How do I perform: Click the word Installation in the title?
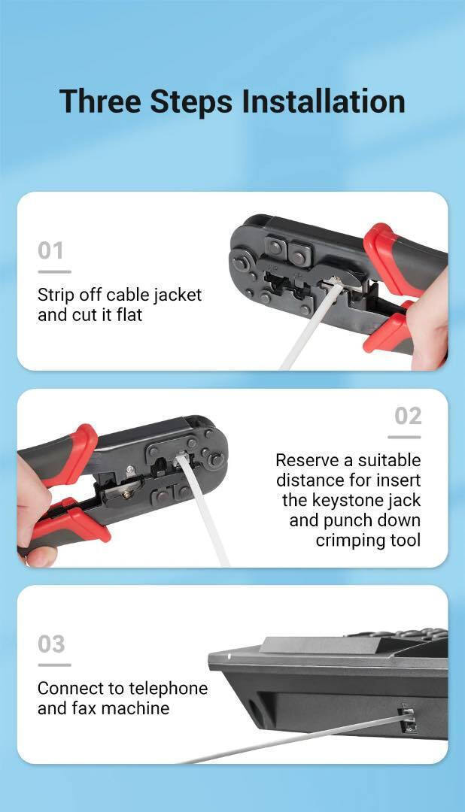(x=324, y=101)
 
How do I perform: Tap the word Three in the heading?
(x=101, y=101)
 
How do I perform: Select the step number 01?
(x=51, y=250)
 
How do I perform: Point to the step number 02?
(x=408, y=417)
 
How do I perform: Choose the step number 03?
(x=51, y=644)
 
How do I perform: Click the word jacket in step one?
(x=175, y=295)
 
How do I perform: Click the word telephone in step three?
(x=169, y=688)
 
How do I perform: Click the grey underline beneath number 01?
(x=54, y=271)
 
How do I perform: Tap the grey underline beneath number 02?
(x=404, y=437)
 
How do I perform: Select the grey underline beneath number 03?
(x=54, y=665)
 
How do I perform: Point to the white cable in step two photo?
(x=204, y=510)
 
